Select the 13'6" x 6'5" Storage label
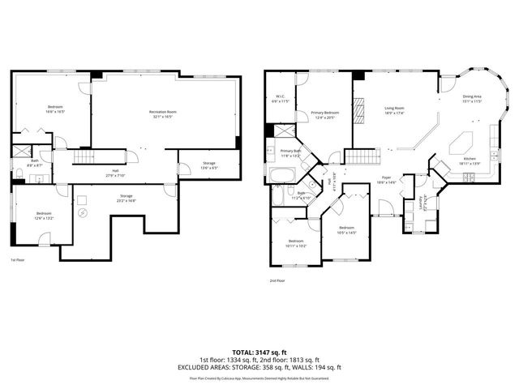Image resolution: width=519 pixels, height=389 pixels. pyautogui.click(x=208, y=165)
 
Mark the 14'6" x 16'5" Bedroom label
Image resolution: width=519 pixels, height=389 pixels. pyautogui.click(x=55, y=109)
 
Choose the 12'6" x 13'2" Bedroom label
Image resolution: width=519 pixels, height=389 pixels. pyautogui.click(x=44, y=216)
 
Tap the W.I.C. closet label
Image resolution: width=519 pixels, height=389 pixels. pyautogui.click(x=278, y=98)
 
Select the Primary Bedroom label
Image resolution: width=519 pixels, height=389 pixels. pyautogui.click(x=324, y=114)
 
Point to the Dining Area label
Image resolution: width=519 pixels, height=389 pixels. pyautogui.click(x=473, y=99)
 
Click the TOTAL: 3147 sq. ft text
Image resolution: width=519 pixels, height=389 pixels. pyautogui.click(x=259, y=351)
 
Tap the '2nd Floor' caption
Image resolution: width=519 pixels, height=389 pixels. pyautogui.click(x=278, y=281)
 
